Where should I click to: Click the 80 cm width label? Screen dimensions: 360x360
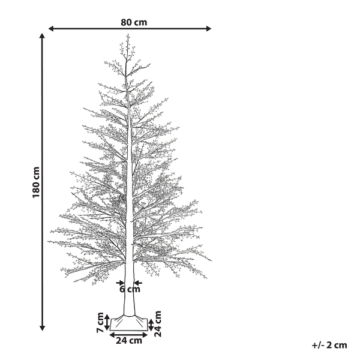tap(133, 22)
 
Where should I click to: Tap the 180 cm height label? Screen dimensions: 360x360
tap(36, 182)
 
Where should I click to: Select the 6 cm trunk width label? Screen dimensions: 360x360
tap(130, 289)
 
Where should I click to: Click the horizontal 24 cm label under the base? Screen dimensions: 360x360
tap(129, 341)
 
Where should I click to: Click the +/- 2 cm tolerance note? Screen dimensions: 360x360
tap(329, 345)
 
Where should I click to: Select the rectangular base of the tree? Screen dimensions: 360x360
tap(129, 323)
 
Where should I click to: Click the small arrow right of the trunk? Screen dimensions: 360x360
tap(138, 281)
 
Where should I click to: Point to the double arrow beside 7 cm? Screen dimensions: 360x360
tap(107, 322)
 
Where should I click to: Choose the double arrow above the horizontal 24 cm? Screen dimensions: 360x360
tap(128, 334)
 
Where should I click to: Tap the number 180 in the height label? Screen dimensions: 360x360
tap(36, 190)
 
